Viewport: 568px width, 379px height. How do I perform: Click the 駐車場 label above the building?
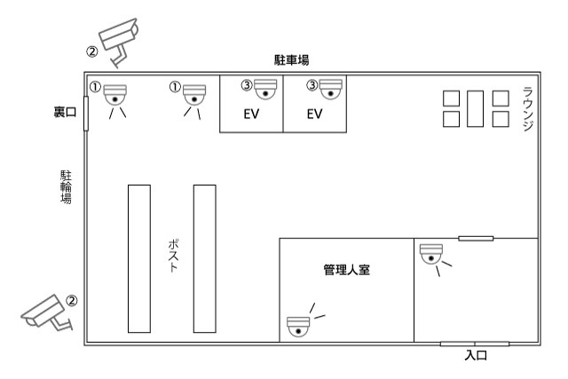point(292,59)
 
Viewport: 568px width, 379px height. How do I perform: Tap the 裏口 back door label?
point(65,112)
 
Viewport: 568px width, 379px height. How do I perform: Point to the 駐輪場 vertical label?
point(66,187)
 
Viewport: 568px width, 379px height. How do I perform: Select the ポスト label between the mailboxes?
point(174,256)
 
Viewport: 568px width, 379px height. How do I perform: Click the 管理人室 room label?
point(347,270)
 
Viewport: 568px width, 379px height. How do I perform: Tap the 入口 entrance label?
point(476,355)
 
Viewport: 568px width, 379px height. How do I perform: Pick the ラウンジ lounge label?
point(528,108)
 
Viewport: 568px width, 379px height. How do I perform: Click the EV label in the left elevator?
point(251,114)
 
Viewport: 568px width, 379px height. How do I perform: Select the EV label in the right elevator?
point(314,114)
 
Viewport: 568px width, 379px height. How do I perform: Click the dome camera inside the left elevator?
point(265,89)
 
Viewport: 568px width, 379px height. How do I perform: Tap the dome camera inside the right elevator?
point(331,89)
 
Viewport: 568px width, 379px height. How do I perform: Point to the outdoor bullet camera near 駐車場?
point(119,41)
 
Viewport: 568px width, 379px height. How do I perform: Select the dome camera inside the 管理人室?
point(298,328)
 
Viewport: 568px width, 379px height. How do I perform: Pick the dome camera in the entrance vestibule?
point(431,254)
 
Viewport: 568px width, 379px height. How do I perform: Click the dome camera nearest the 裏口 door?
point(115,95)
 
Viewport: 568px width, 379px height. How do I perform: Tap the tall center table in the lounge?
point(476,108)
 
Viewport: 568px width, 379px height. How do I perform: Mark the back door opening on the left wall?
point(86,114)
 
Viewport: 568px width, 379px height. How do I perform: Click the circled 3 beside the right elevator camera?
point(312,85)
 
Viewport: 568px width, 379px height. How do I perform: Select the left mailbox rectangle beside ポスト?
point(139,258)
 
